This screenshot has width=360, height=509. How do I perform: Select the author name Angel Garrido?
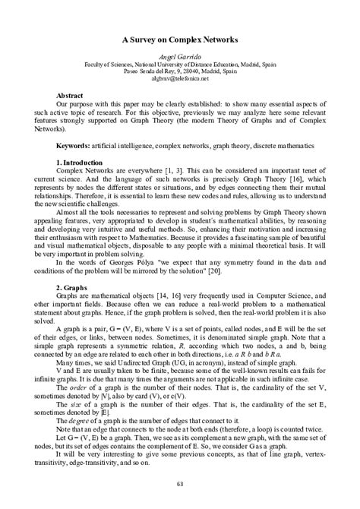[x=180, y=56]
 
